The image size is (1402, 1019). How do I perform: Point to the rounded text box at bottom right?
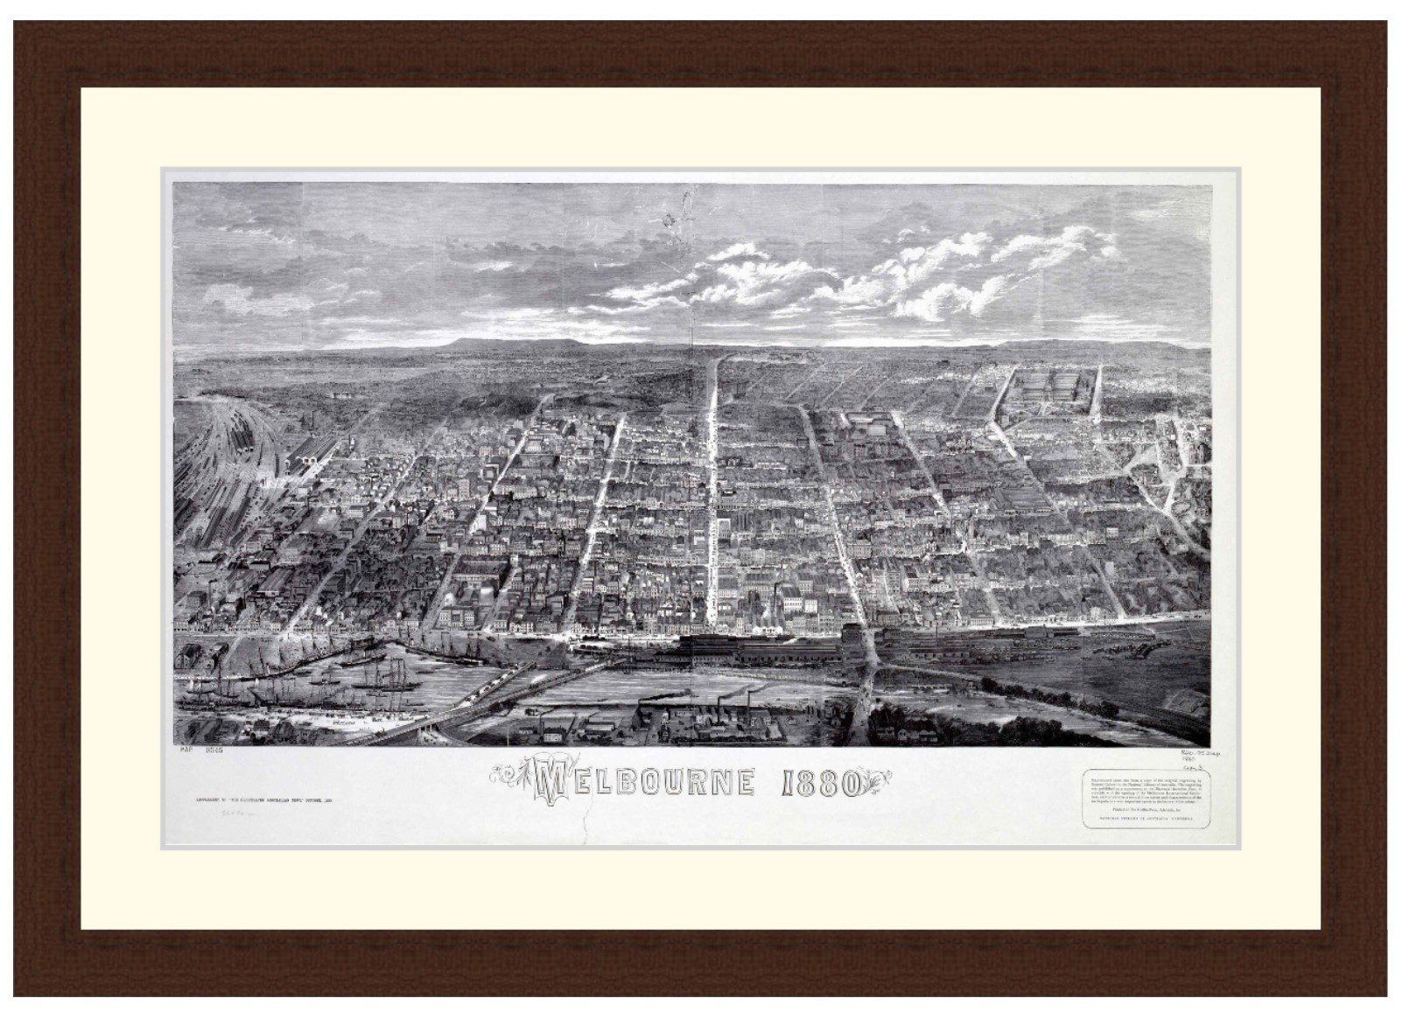[1141, 799]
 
